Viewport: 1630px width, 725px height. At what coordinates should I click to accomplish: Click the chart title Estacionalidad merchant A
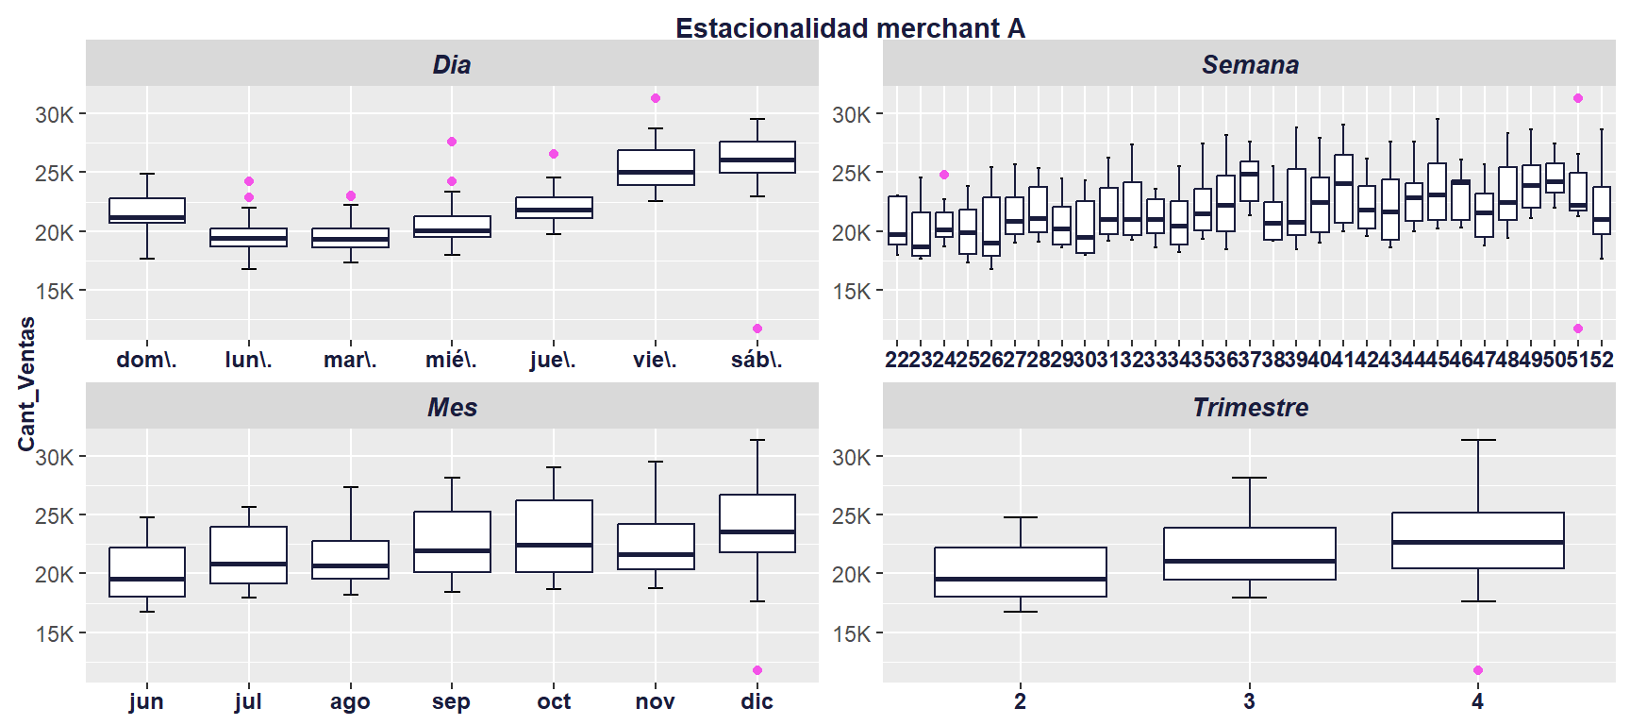click(850, 28)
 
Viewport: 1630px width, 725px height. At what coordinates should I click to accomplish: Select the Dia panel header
click(452, 64)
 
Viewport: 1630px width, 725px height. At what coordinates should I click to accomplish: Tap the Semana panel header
click(1250, 64)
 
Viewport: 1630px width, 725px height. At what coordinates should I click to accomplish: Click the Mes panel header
click(452, 407)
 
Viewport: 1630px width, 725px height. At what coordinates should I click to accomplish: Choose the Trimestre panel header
click(1250, 407)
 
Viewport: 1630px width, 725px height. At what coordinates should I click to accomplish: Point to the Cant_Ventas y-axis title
click(26, 383)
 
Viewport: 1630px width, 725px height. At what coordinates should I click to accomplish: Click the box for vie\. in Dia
click(656, 166)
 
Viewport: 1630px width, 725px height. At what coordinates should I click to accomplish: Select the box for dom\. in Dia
click(147, 210)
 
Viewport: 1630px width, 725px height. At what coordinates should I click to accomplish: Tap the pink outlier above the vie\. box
click(656, 98)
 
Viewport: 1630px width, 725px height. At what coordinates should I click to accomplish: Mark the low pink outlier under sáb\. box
click(757, 329)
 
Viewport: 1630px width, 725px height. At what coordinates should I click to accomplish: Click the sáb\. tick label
click(757, 360)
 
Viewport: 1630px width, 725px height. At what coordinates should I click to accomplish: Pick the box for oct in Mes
click(554, 535)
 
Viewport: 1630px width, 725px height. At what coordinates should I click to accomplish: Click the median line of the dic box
click(757, 531)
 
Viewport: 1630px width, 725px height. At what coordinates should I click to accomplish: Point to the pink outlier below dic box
click(757, 670)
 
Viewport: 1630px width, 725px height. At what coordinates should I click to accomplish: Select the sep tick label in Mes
click(451, 701)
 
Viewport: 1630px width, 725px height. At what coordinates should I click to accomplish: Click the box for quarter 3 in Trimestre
click(1249, 552)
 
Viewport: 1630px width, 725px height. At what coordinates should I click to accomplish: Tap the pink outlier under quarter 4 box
click(1478, 670)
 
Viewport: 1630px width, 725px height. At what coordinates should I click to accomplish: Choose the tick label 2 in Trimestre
click(1021, 701)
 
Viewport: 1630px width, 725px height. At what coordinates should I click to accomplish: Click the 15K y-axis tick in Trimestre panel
click(852, 633)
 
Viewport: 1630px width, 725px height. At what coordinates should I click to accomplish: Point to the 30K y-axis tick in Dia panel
click(55, 115)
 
